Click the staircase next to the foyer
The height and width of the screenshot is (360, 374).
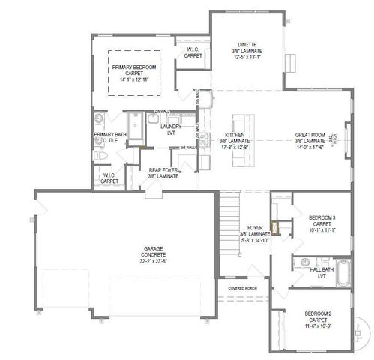tap(229, 225)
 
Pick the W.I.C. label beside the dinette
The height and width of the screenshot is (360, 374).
tap(193, 52)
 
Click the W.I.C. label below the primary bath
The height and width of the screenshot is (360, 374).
tap(109, 178)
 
